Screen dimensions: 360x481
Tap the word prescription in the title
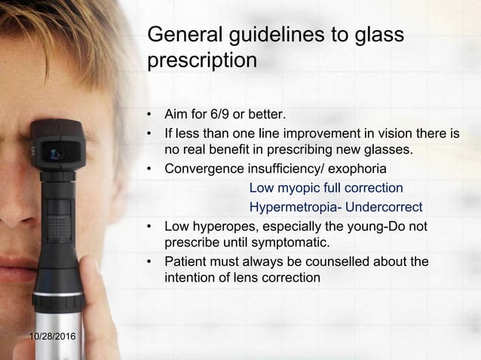click(x=203, y=60)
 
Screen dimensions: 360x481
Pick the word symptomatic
click(x=290, y=243)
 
